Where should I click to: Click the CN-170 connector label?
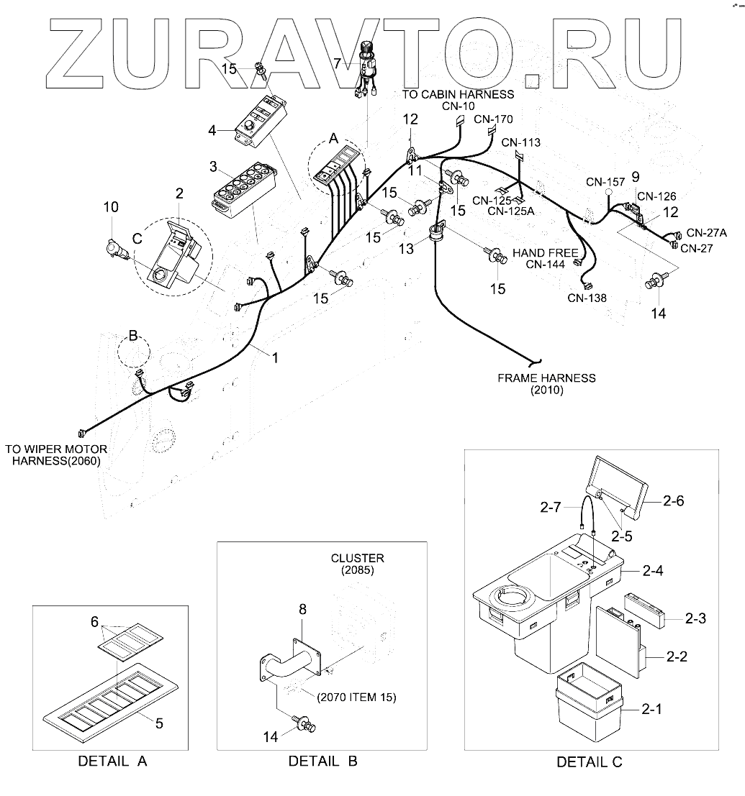pyautogui.click(x=494, y=119)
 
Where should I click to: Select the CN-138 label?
pyautogui.click(x=587, y=298)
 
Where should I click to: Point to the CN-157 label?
pyautogui.click(x=605, y=182)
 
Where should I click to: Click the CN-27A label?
pyautogui.click(x=706, y=233)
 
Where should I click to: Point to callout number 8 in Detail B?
pyautogui.click(x=302, y=609)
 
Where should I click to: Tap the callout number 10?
pyautogui.click(x=110, y=208)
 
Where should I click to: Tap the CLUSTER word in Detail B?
pyautogui.click(x=357, y=558)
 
